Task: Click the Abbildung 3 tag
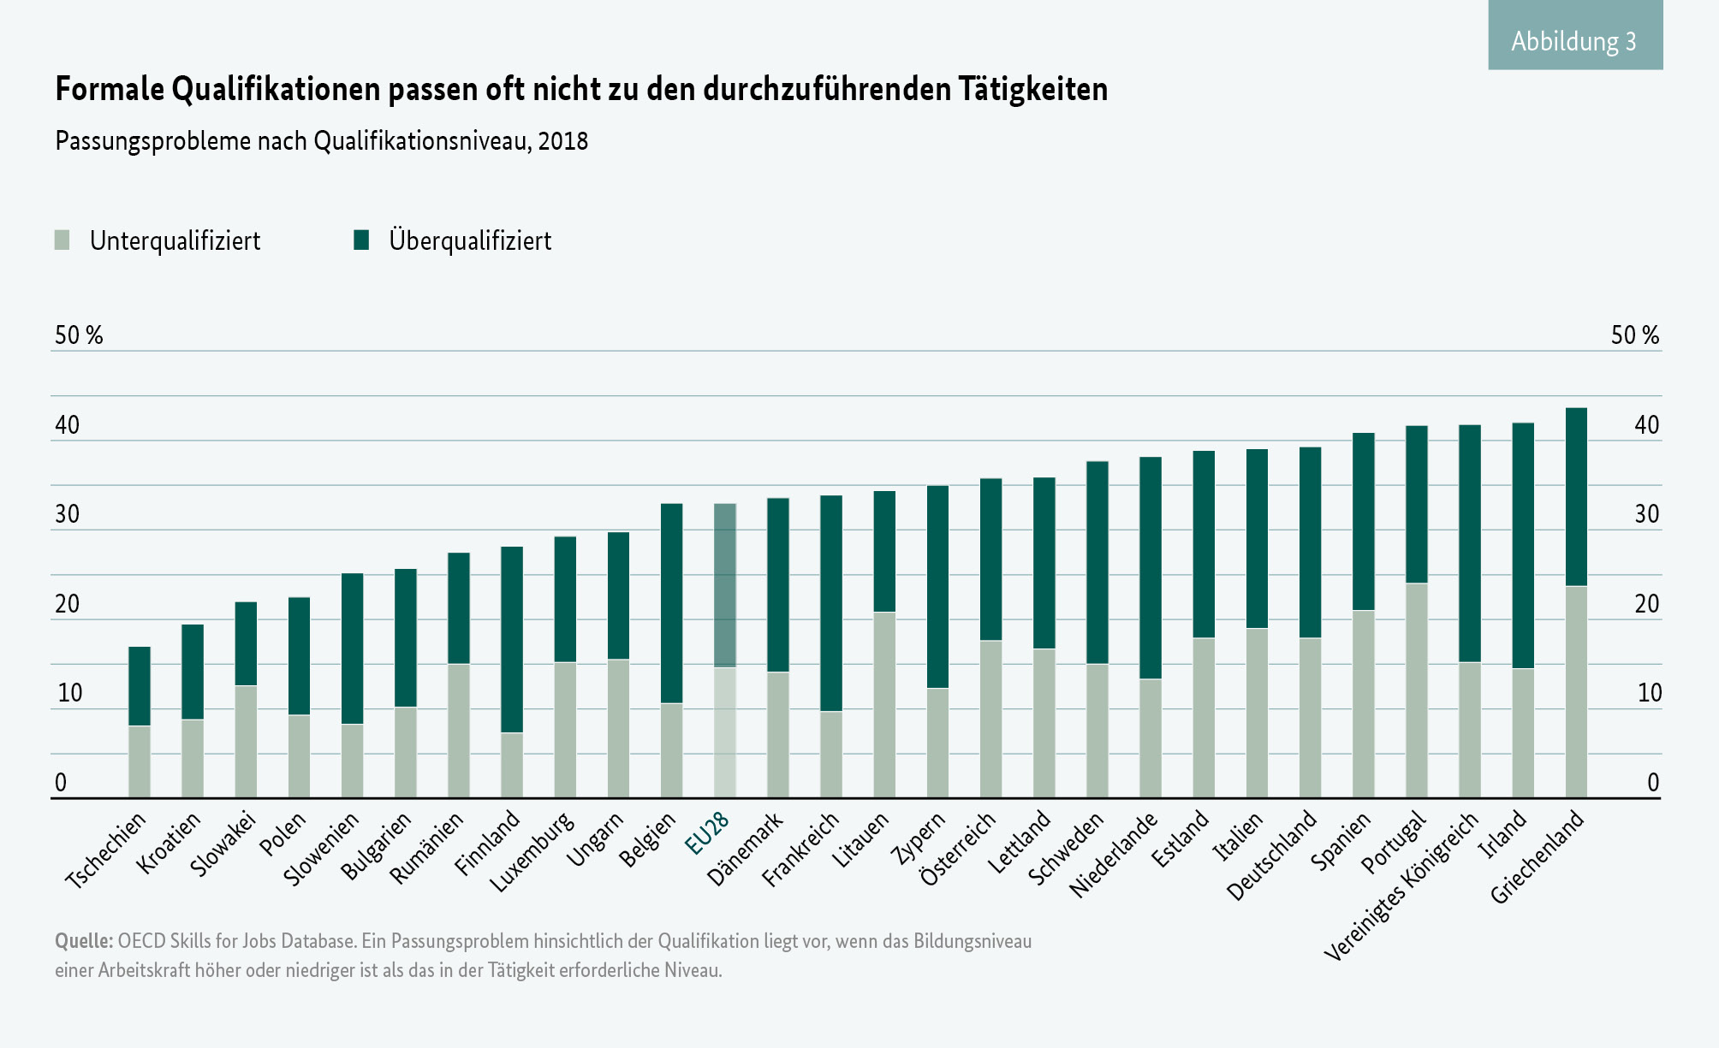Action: click(1574, 40)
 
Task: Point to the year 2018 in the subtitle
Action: click(563, 141)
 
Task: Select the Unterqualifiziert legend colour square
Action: click(62, 240)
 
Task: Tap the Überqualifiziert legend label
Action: click(470, 240)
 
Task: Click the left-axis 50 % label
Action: click(79, 335)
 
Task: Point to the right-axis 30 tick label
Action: click(1646, 514)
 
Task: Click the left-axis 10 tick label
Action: click(69, 693)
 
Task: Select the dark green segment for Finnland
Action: click(512, 639)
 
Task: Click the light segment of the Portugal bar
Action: click(1417, 690)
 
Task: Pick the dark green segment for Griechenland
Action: click(1576, 497)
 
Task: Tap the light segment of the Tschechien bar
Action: click(140, 761)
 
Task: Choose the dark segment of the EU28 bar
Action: click(725, 585)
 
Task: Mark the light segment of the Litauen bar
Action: click(884, 705)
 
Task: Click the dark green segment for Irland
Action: click(1523, 545)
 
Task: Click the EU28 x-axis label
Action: click(708, 832)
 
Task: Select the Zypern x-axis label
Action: click(919, 838)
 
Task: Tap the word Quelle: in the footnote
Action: click(83, 941)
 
